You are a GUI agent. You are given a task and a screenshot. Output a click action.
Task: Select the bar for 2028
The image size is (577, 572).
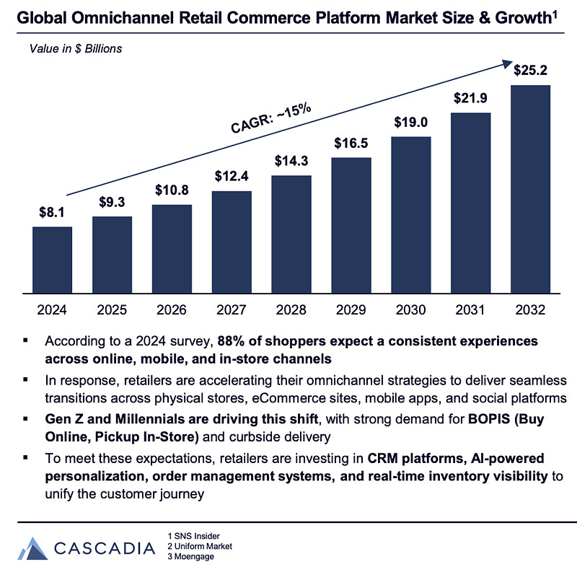(291, 234)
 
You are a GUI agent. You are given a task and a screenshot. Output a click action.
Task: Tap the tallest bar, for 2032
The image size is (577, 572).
(531, 189)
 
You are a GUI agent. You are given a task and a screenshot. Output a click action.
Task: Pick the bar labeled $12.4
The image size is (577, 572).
(232, 242)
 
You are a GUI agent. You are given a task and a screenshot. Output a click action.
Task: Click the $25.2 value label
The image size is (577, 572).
(531, 71)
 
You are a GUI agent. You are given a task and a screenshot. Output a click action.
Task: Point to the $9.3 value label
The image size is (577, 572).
(112, 202)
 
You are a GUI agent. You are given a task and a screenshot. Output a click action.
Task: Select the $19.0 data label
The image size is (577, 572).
(411, 122)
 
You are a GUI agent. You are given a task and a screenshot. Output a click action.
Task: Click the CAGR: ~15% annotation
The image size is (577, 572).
(270, 119)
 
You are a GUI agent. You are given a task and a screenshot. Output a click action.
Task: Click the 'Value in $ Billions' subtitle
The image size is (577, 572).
(76, 49)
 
